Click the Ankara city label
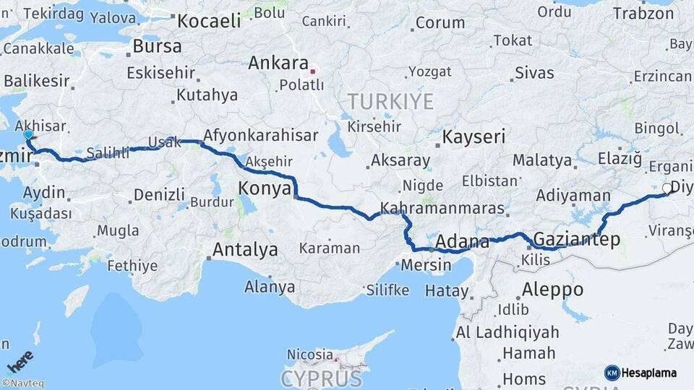278,64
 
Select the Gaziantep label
576,240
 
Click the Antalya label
246,251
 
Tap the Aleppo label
552,290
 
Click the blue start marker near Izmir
28,134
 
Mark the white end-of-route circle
666,188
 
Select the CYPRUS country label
322,378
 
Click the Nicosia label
309,355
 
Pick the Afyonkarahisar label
261,136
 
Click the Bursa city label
158,47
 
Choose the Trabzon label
643,13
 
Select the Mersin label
426,265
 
